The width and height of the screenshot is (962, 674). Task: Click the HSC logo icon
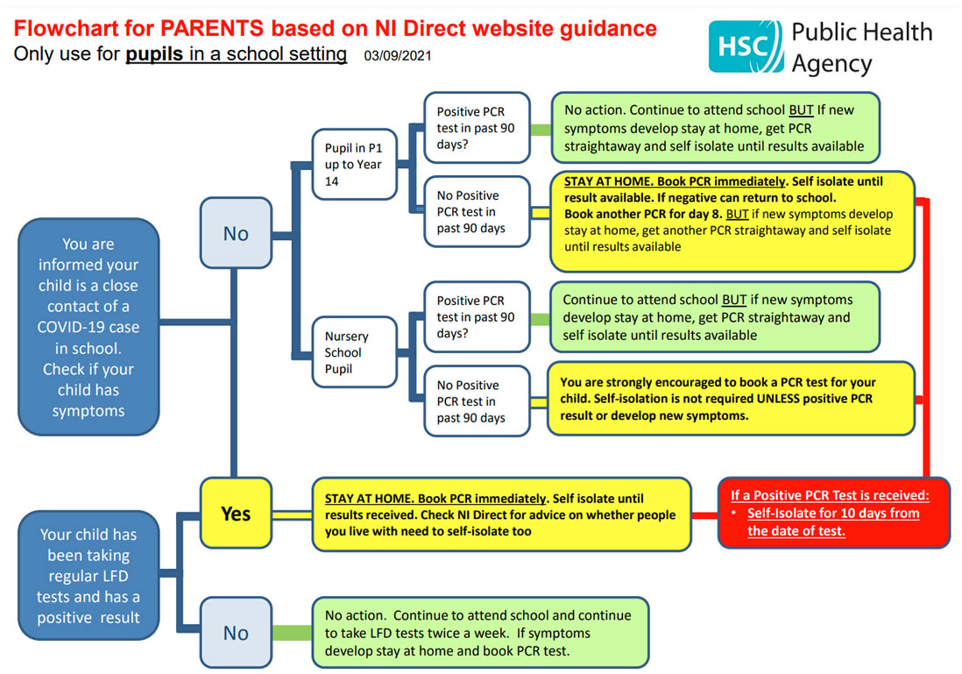[x=746, y=46]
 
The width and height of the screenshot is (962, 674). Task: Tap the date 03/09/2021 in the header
[x=398, y=56]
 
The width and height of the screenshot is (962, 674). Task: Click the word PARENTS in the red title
[x=212, y=28]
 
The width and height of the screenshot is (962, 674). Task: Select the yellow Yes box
[x=236, y=514]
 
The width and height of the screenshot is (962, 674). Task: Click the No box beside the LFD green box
[x=236, y=632]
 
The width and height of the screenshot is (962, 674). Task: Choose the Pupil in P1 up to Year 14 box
[x=355, y=164]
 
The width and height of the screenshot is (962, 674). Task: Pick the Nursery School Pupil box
[x=355, y=352]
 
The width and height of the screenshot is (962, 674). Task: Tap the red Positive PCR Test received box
[x=834, y=513]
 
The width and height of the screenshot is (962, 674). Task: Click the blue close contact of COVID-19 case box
[x=88, y=327]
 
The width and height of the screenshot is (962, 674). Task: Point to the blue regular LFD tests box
[x=88, y=575]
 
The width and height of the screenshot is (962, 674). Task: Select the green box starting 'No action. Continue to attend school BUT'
[x=715, y=128]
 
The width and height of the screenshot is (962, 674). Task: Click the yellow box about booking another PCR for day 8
[x=732, y=221]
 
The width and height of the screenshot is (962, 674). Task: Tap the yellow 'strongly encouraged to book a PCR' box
[x=731, y=399]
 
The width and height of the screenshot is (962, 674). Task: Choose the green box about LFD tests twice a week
[x=480, y=632]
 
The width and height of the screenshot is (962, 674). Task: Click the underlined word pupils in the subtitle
[x=154, y=54]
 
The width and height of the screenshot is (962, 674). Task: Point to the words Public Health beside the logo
[x=862, y=32]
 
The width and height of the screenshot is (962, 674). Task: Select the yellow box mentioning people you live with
[x=502, y=514]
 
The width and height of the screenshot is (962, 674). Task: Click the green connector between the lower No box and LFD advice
[x=292, y=632]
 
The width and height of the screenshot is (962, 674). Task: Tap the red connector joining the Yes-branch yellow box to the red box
[x=705, y=515]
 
